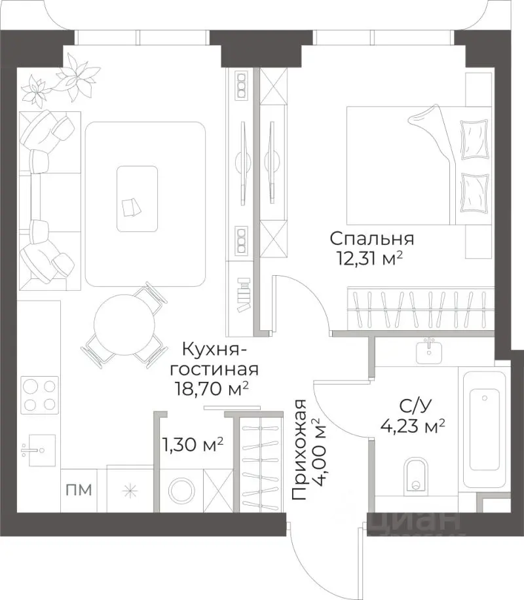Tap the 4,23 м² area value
coord(413,427)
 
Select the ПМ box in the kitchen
coord(77,489)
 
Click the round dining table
coord(124,324)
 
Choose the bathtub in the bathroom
coord(485,429)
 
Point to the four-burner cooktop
coord(39,395)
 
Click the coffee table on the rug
coord(137,198)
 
